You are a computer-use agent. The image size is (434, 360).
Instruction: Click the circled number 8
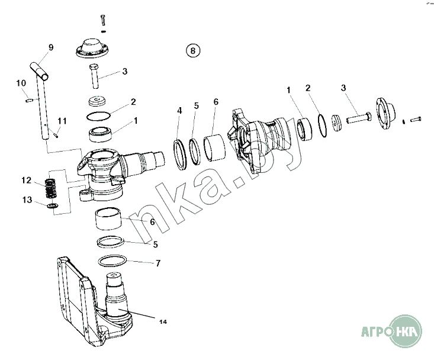click(193, 51)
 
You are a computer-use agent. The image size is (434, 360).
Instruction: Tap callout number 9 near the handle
click(51, 47)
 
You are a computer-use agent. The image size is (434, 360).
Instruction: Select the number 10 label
click(21, 83)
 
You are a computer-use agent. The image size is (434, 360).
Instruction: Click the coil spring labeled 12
click(50, 189)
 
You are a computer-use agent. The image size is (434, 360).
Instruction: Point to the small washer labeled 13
click(52, 205)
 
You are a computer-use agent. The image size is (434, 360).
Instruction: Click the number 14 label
click(163, 322)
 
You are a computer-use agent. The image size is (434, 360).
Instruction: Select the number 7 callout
click(157, 263)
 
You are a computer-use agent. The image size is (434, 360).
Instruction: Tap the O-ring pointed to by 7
click(112, 261)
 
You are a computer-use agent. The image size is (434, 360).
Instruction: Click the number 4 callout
click(179, 111)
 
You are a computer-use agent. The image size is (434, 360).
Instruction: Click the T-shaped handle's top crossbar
click(39, 70)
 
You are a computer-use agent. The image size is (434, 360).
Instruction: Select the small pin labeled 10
click(29, 100)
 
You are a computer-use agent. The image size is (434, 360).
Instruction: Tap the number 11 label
click(62, 121)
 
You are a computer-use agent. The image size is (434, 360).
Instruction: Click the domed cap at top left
click(92, 49)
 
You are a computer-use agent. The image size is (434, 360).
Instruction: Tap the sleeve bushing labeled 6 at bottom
click(108, 219)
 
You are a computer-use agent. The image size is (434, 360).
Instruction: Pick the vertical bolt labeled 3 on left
click(94, 76)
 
